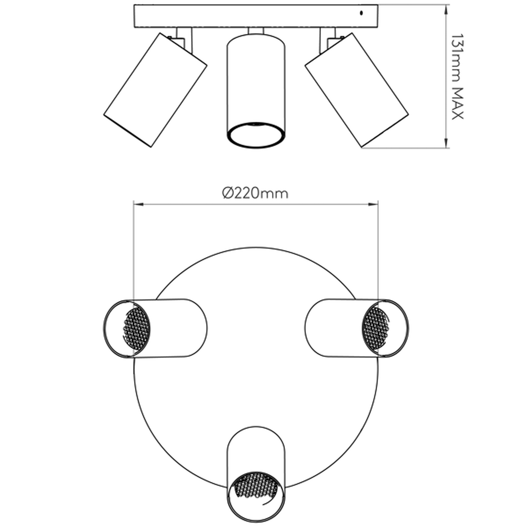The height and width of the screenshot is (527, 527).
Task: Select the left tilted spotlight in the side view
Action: click(155, 90)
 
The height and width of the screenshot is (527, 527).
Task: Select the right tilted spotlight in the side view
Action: click(356, 90)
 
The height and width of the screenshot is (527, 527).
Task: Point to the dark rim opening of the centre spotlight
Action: click(256, 135)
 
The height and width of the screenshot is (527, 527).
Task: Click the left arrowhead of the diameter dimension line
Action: click(138, 204)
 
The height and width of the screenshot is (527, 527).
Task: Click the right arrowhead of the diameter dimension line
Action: click(373, 204)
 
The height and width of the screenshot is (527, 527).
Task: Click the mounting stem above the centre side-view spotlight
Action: click(256, 31)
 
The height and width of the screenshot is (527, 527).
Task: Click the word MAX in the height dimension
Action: click(457, 104)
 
